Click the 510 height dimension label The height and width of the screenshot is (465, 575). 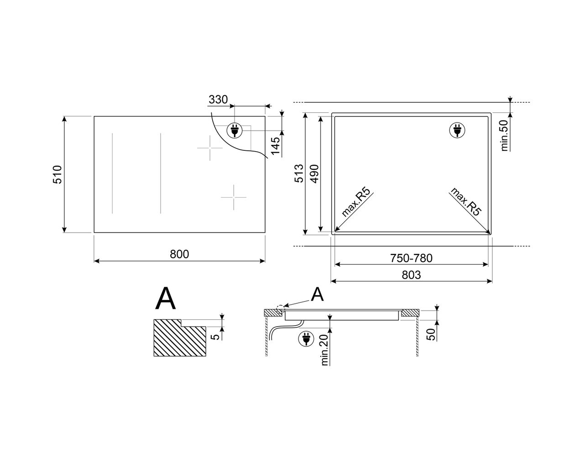(x=57, y=174)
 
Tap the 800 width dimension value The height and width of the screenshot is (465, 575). (x=179, y=254)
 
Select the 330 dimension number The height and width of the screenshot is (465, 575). (x=218, y=100)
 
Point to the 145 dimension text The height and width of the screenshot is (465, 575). (x=275, y=146)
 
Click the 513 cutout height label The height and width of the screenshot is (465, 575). (x=299, y=173)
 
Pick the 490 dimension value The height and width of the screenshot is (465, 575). (x=315, y=174)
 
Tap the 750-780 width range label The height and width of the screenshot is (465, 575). (x=411, y=258)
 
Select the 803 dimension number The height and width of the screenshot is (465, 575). (x=411, y=275)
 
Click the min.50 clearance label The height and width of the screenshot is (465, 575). (x=504, y=136)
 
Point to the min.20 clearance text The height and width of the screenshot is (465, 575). (x=324, y=350)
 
